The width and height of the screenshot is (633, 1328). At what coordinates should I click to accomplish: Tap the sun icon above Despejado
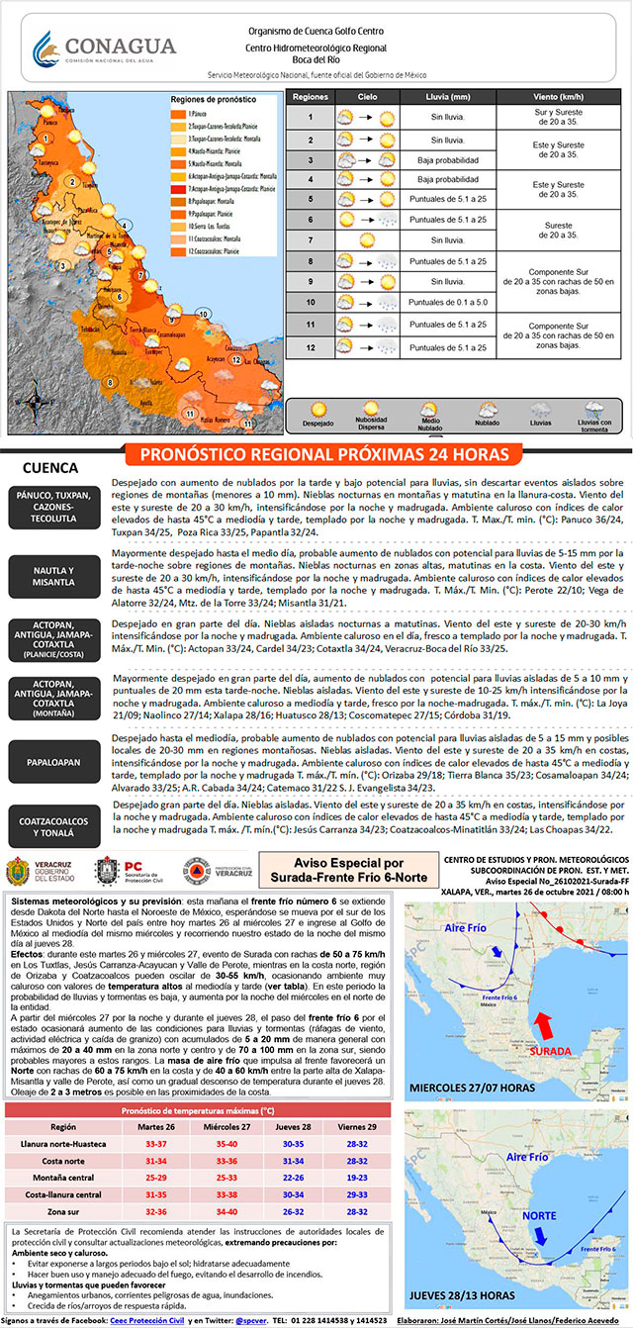(x=318, y=408)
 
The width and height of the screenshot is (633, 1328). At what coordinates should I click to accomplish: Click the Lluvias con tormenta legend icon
(x=592, y=410)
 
